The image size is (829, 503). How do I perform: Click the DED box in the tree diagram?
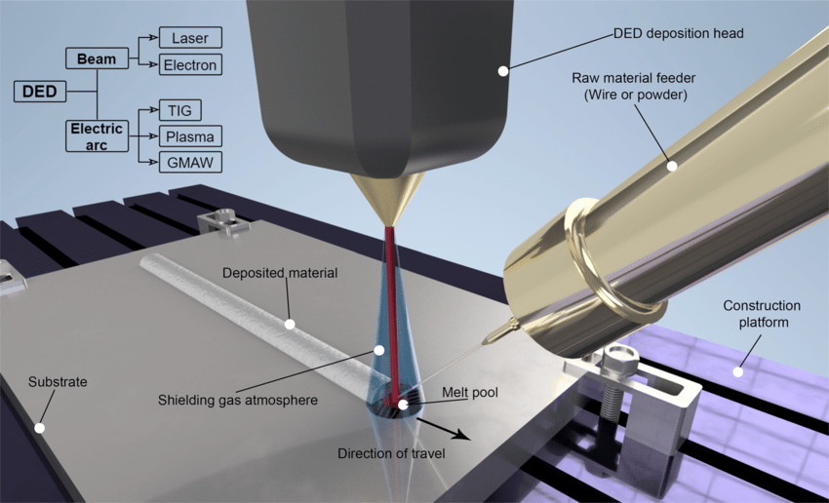click(x=40, y=92)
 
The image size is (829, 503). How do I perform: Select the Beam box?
click(x=97, y=58)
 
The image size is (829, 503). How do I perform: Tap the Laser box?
click(x=190, y=38)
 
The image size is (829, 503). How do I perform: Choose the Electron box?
click(x=190, y=64)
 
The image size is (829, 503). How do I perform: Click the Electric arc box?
click(x=97, y=136)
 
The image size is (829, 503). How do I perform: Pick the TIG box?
click(x=180, y=110)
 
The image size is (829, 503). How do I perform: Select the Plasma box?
click(x=190, y=136)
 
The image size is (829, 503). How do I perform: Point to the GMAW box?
click(x=190, y=162)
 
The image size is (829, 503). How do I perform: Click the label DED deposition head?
click(x=679, y=33)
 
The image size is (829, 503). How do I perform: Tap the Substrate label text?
click(x=58, y=381)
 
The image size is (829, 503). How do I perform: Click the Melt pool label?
click(x=470, y=393)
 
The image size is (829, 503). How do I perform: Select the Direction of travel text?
click(x=391, y=453)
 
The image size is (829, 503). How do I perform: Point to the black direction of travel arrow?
click(x=443, y=429)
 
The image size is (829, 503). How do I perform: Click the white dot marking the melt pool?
click(x=403, y=405)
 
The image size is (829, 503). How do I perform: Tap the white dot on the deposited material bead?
click(x=290, y=324)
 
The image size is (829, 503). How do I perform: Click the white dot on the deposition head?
click(x=503, y=71)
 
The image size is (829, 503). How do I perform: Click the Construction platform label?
click(x=762, y=314)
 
